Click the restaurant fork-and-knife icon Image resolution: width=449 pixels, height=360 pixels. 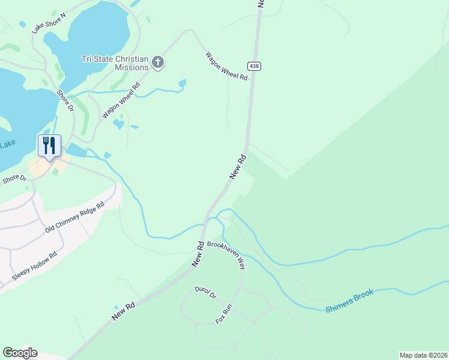tap(49, 145)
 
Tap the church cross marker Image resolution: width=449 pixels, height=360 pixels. tap(158, 62)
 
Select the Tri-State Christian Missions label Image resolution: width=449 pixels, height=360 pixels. tap(115, 63)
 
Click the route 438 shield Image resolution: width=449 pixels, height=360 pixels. tap(255, 66)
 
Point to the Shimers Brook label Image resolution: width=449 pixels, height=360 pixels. tap(349, 301)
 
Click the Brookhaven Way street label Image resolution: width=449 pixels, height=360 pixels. tap(226, 256)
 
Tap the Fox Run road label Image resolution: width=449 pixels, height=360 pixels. tap(224, 314)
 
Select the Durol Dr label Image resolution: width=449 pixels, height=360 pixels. tap(205, 294)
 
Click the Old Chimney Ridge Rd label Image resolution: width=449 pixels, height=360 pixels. tap(74, 218)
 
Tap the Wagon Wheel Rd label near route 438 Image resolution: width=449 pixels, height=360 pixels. tap(226, 66)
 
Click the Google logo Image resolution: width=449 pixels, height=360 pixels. tap(20, 353)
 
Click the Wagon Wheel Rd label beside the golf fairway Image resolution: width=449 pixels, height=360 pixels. tap(121, 100)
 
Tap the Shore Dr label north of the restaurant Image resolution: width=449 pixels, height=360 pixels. tap(65, 101)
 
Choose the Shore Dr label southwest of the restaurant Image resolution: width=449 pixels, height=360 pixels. tap(14, 179)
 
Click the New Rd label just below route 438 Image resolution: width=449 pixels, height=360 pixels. tap(238, 167)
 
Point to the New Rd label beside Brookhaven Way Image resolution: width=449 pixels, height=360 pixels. tap(199, 255)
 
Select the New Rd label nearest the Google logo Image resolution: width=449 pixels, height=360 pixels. tap(122, 311)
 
